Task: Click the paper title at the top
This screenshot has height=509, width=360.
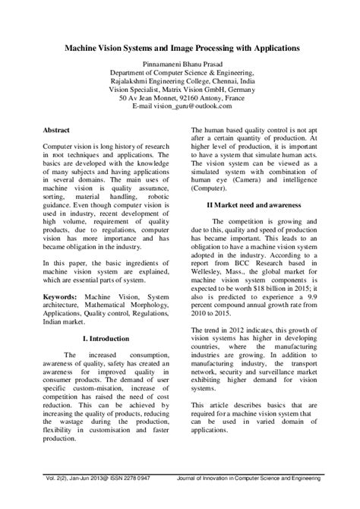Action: point(180,47)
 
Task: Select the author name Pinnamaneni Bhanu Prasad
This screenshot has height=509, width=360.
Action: point(179,65)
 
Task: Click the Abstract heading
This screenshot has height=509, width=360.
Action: point(57,131)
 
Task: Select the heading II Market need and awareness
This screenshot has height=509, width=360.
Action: point(253,205)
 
